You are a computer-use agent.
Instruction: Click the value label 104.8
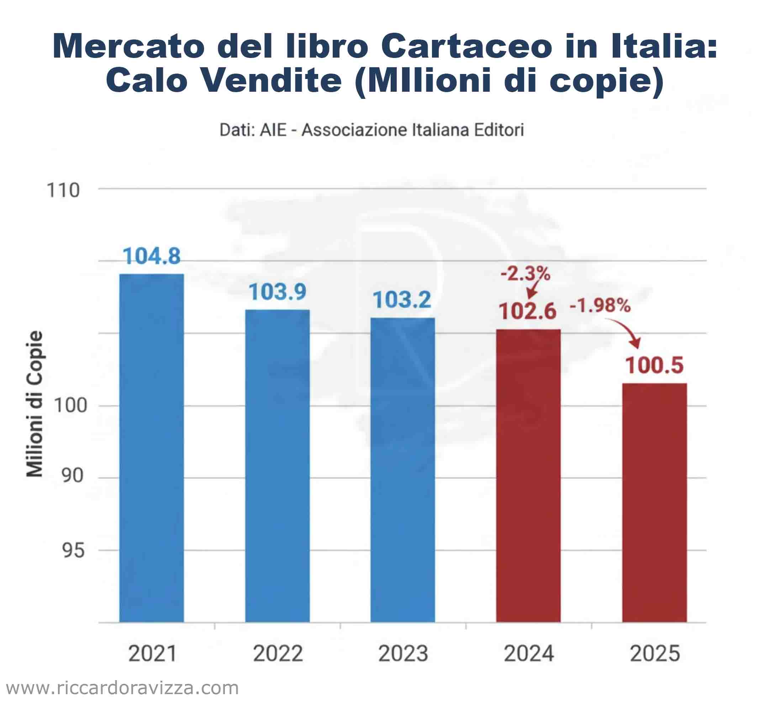pos(152,256)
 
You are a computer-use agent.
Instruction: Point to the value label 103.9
pos(277,292)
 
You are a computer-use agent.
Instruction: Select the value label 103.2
pos(402,300)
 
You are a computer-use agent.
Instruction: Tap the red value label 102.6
pos(528,311)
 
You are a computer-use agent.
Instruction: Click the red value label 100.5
pos(654,365)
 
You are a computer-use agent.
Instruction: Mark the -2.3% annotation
pos(525,273)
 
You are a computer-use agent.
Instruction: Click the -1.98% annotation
pos(600,305)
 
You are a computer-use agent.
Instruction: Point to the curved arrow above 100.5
pos(626,332)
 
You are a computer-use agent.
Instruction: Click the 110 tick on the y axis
pos(63,190)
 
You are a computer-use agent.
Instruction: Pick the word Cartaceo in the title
pos(466,47)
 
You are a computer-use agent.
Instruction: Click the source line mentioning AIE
pos(371,130)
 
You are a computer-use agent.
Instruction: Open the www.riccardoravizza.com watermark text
pos(122,688)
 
